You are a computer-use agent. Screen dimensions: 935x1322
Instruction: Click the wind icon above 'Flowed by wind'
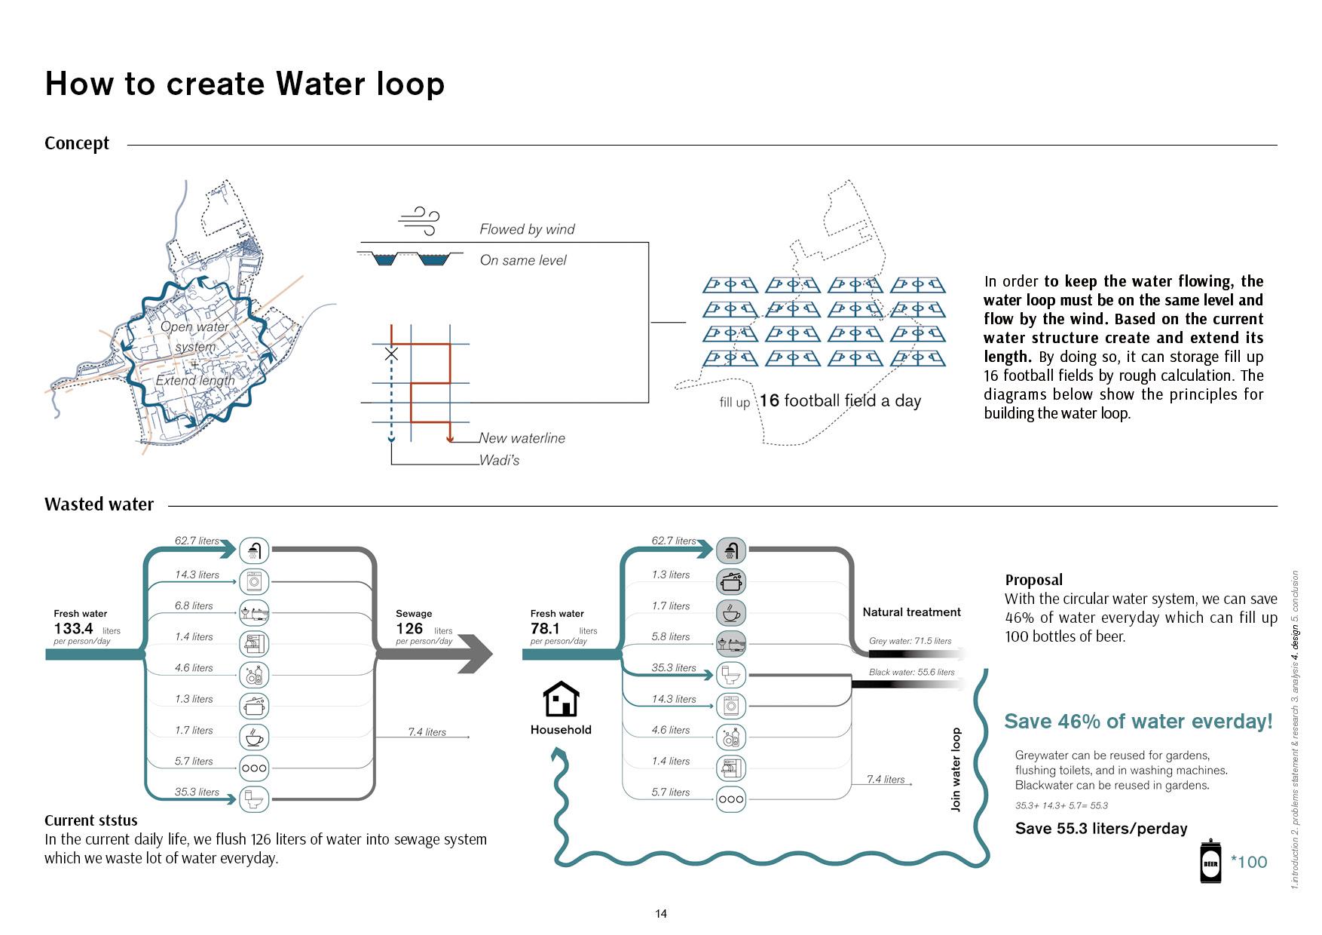[x=418, y=219]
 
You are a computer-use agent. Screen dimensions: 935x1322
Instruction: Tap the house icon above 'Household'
[x=562, y=699]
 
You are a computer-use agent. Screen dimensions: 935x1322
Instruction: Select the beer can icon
[x=1210, y=861]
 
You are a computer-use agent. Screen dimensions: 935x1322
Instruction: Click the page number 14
[x=661, y=914]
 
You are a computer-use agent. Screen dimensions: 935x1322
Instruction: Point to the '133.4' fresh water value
[x=73, y=629]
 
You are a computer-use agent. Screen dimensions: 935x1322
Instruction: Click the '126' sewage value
[x=409, y=629]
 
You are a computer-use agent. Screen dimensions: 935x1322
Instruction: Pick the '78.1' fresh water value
[x=545, y=629]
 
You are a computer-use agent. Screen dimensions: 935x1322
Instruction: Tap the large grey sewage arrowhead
[x=476, y=654]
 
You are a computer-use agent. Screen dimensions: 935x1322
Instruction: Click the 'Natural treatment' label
[x=911, y=612]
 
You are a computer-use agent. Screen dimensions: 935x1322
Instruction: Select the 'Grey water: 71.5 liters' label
[x=910, y=641]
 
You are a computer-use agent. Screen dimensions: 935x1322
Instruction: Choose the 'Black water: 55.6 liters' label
[x=911, y=672]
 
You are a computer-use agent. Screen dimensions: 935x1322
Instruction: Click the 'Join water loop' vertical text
[x=956, y=769]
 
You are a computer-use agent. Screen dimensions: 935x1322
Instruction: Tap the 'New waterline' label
[x=522, y=438]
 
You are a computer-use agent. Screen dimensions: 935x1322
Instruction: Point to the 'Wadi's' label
[x=499, y=460]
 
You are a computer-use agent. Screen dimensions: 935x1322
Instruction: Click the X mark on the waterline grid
[x=391, y=354]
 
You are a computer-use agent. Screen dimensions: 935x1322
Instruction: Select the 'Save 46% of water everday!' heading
[x=1138, y=722]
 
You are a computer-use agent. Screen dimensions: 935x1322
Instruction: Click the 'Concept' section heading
[x=77, y=143]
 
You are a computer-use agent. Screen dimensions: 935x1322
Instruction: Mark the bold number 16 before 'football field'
[x=769, y=400]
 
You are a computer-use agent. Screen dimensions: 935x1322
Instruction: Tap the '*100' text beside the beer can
[x=1249, y=862]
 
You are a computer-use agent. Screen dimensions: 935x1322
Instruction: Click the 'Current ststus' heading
[x=91, y=820]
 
